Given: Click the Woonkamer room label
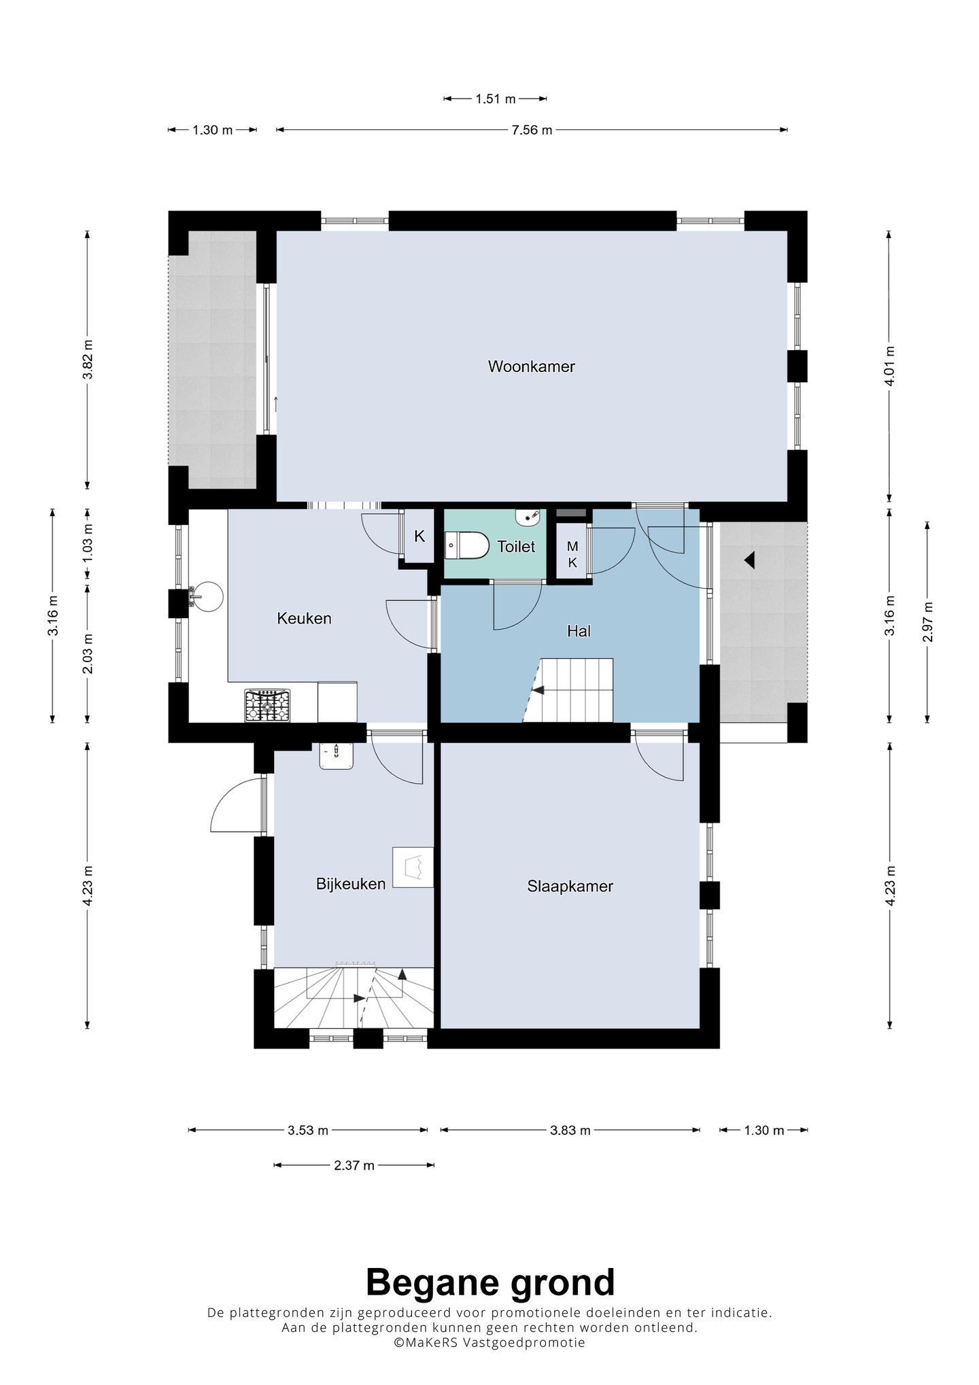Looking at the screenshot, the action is [x=531, y=366].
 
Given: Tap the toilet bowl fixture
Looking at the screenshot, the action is [x=467, y=545].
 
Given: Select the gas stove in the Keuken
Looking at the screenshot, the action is [x=267, y=705].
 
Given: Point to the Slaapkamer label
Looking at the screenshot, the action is [x=570, y=887].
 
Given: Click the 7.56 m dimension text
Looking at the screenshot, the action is [x=532, y=130].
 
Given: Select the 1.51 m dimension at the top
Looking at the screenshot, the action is [x=496, y=99].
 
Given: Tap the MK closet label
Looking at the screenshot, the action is [x=572, y=555].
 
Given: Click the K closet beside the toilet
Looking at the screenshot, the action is [x=419, y=536].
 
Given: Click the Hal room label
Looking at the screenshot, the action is [x=579, y=631].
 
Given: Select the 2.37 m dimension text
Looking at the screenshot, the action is [x=354, y=1165].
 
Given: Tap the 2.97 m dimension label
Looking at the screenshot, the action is [x=929, y=622].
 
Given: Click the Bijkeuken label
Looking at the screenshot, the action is [x=351, y=883].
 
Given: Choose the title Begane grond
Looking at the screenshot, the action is [x=490, y=1283].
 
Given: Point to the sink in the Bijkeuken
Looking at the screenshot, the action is [x=337, y=756].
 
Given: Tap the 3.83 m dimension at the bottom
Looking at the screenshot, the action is [x=570, y=1131].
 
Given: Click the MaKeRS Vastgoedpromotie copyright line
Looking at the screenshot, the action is [x=489, y=1343].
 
